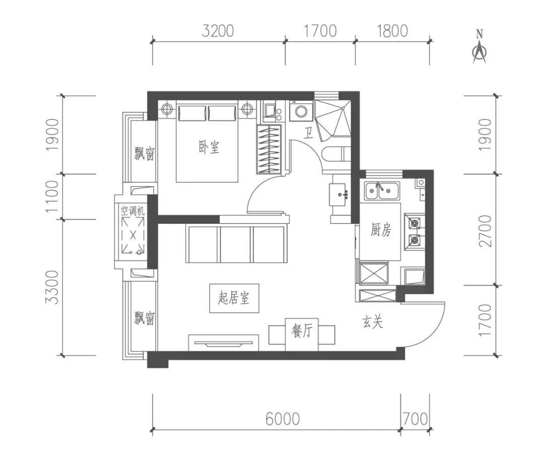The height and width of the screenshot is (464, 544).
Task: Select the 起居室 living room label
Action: click(234, 298)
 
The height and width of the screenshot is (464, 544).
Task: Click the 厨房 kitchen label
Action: click(381, 230)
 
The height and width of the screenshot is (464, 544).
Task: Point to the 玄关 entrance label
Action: click(373, 322)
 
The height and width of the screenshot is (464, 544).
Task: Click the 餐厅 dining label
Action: click(302, 331)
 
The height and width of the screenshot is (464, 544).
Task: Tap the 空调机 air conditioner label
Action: click(132, 211)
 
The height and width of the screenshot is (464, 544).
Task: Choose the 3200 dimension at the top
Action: click(218, 31)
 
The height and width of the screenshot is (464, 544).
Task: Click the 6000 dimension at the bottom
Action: click(283, 419)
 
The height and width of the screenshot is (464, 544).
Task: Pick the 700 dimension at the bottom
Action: click(415, 419)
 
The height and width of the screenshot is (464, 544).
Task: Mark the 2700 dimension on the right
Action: click(485, 231)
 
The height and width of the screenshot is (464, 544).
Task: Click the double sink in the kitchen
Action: click(382, 191)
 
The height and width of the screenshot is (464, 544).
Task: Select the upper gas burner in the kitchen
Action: click(414, 223)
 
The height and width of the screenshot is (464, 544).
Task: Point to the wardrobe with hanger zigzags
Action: click(269, 150)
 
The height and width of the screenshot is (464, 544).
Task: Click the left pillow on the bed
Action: click(192, 113)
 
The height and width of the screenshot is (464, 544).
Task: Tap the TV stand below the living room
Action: click(224, 343)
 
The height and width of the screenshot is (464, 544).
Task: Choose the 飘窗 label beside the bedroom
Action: click(145, 153)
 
